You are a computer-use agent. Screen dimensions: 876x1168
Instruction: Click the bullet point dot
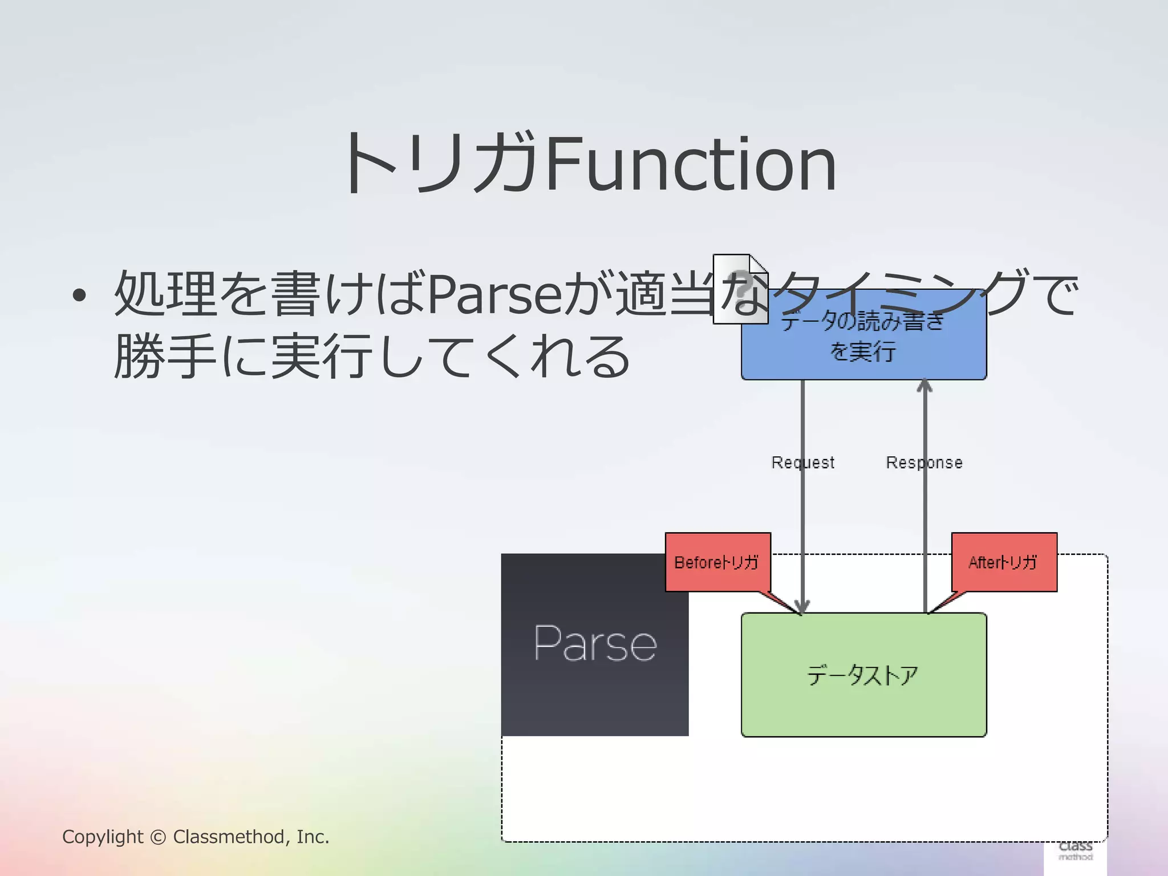(x=79, y=295)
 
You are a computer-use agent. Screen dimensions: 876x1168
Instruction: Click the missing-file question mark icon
(x=740, y=289)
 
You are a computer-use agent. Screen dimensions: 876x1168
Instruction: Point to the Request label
(x=802, y=462)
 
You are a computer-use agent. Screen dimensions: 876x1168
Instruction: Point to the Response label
(x=924, y=462)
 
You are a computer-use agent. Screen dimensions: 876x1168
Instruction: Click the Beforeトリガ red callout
(x=717, y=562)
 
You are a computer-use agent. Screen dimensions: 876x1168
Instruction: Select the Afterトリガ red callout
(x=1004, y=562)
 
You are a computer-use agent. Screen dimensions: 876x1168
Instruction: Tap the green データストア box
(x=863, y=675)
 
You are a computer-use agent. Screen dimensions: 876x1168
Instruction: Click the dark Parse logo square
(x=595, y=644)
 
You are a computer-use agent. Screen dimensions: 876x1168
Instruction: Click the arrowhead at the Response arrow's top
(x=924, y=386)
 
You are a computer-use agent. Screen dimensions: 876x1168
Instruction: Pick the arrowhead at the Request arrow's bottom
(x=802, y=608)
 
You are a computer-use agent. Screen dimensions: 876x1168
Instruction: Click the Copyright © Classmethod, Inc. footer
(x=196, y=837)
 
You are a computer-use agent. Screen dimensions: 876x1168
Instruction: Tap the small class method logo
(x=1075, y=851)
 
